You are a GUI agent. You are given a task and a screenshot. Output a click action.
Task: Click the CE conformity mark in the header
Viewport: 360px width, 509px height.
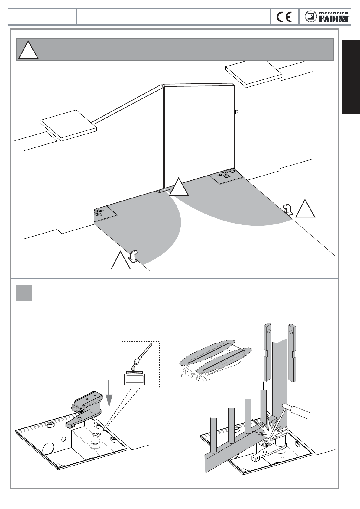pos(284,17)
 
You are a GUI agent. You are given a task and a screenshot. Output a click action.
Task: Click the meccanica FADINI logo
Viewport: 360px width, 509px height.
pos(327,17)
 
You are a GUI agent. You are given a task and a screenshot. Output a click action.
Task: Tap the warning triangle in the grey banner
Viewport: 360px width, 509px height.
pos(28,50)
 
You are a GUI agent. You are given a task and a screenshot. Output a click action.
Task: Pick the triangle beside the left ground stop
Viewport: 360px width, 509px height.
pos(121,261)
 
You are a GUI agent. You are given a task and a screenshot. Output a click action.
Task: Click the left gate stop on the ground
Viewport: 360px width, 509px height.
pos(133,256)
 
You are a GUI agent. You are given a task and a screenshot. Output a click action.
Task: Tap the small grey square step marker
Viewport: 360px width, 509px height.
pos(24,292)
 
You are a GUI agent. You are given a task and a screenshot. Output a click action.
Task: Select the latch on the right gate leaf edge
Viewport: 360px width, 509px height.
pos(236,112)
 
